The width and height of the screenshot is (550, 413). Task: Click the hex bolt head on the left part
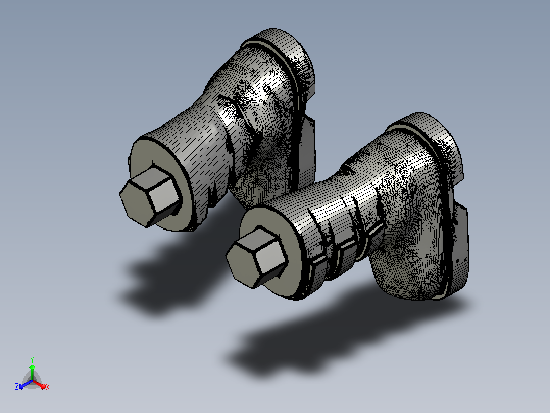pos(150,196)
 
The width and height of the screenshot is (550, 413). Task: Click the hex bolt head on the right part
pos(256,257)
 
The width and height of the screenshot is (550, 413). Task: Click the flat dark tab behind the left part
pos(307,151)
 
